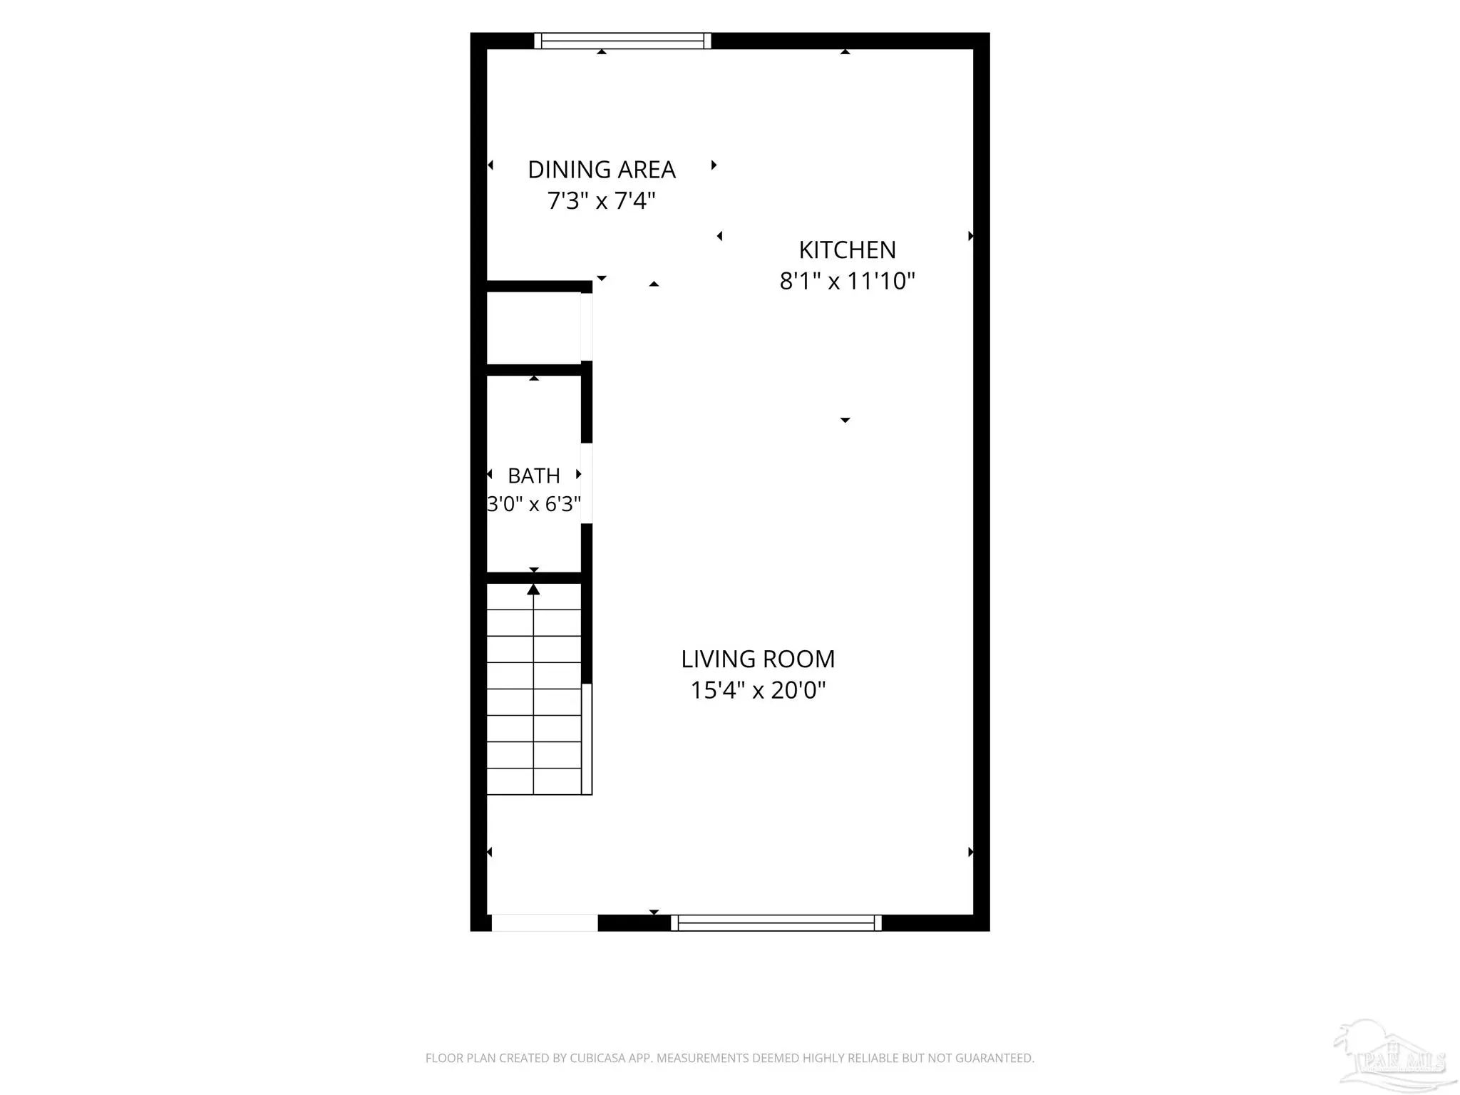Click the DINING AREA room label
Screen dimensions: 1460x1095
[601, 170]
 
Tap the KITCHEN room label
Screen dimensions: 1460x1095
[847, 250]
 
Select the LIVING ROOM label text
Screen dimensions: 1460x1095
[758, 659]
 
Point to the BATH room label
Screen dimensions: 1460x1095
[534, 475]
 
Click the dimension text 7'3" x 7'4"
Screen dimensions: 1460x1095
[601, 201]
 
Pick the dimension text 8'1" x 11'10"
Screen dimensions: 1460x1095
[847, 281]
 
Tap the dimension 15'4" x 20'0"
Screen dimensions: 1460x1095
[758, 690]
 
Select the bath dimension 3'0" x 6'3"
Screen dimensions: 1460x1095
[534, 504]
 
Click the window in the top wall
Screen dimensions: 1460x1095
[622, 41]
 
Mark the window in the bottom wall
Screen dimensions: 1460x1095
[776, 922]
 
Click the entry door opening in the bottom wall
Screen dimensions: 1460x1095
[545, 922]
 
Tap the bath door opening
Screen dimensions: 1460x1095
[587, 483]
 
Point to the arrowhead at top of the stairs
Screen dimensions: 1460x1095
[533, 590]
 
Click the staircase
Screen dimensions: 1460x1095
[534, 689]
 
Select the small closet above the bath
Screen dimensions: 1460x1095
[533, 328]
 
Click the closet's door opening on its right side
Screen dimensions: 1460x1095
[587, 327]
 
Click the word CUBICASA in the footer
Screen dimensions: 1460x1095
[597, 1059]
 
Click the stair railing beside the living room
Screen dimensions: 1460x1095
[587, 739]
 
